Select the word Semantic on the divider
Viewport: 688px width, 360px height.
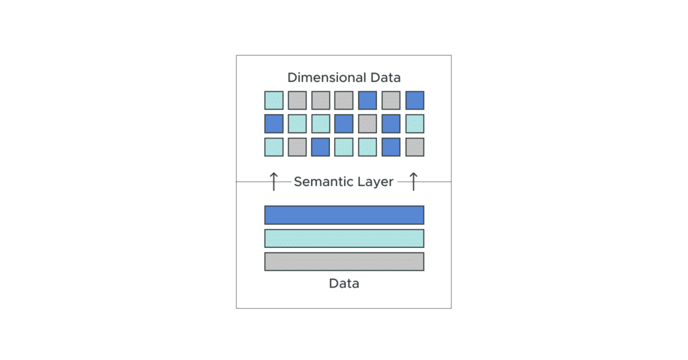(x=322, y=181)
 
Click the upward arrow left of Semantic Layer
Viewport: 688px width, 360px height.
(x=273, y=181)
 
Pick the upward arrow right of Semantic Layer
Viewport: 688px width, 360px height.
(x=413, y=181)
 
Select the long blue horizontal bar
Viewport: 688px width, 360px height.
(x=344, y=215)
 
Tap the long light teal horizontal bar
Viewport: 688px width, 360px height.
(x=344, y=238)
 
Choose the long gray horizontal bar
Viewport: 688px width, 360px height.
(x=344, y=261)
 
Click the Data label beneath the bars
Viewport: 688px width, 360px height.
(x=344, y=283)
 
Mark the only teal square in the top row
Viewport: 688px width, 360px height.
(x=273, y=100)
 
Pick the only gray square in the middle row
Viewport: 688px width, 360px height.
(x=368, y=124)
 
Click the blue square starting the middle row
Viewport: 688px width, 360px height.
(x=273, y=124)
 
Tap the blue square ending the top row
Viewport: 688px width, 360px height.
(x=415, y=100)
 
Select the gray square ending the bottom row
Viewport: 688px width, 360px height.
(x=415, y=147)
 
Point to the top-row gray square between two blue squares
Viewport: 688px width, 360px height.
(x=391, y=100)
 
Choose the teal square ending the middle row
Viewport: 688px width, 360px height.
(x=415, y=124)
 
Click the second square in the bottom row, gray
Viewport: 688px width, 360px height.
(x=297, y=147)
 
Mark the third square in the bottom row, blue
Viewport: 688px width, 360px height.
(x=320, y=147)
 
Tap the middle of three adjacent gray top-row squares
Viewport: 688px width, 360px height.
(x=320, y=100)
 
